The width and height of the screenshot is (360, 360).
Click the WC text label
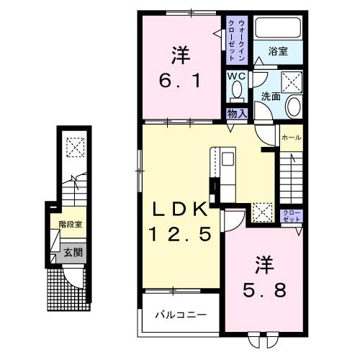pyautogui.click(x=237, y=76)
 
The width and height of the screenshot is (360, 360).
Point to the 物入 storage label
pyautogui.click(x=238, y=112)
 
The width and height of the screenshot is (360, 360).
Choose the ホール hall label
pyautogui.click(x=291, y=138)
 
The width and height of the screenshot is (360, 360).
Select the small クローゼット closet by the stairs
pyautogui.click(x=292, y=215)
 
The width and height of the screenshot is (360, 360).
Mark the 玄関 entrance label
pyautogui.click(x=71, y=253)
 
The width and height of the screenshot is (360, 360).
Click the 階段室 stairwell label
pyautogui.click(x=71, y=224)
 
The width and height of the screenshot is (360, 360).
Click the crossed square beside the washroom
pyautogui.click(x=291, y=80)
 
